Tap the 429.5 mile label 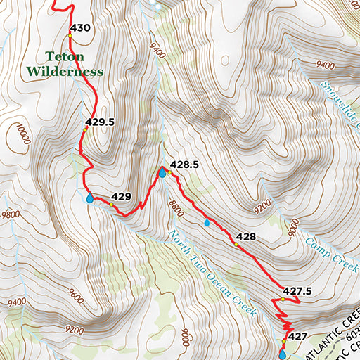click(100, 122)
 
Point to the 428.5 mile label click(185, 164)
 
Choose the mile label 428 click(245, 236)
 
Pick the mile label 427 click(298, 337)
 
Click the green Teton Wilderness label click(65, 63)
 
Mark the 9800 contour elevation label click(11, 214)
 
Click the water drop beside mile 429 click(90, 199)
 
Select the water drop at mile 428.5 click(162, 172)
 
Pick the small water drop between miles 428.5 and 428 click(206, 222)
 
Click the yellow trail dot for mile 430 click(70, 35)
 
